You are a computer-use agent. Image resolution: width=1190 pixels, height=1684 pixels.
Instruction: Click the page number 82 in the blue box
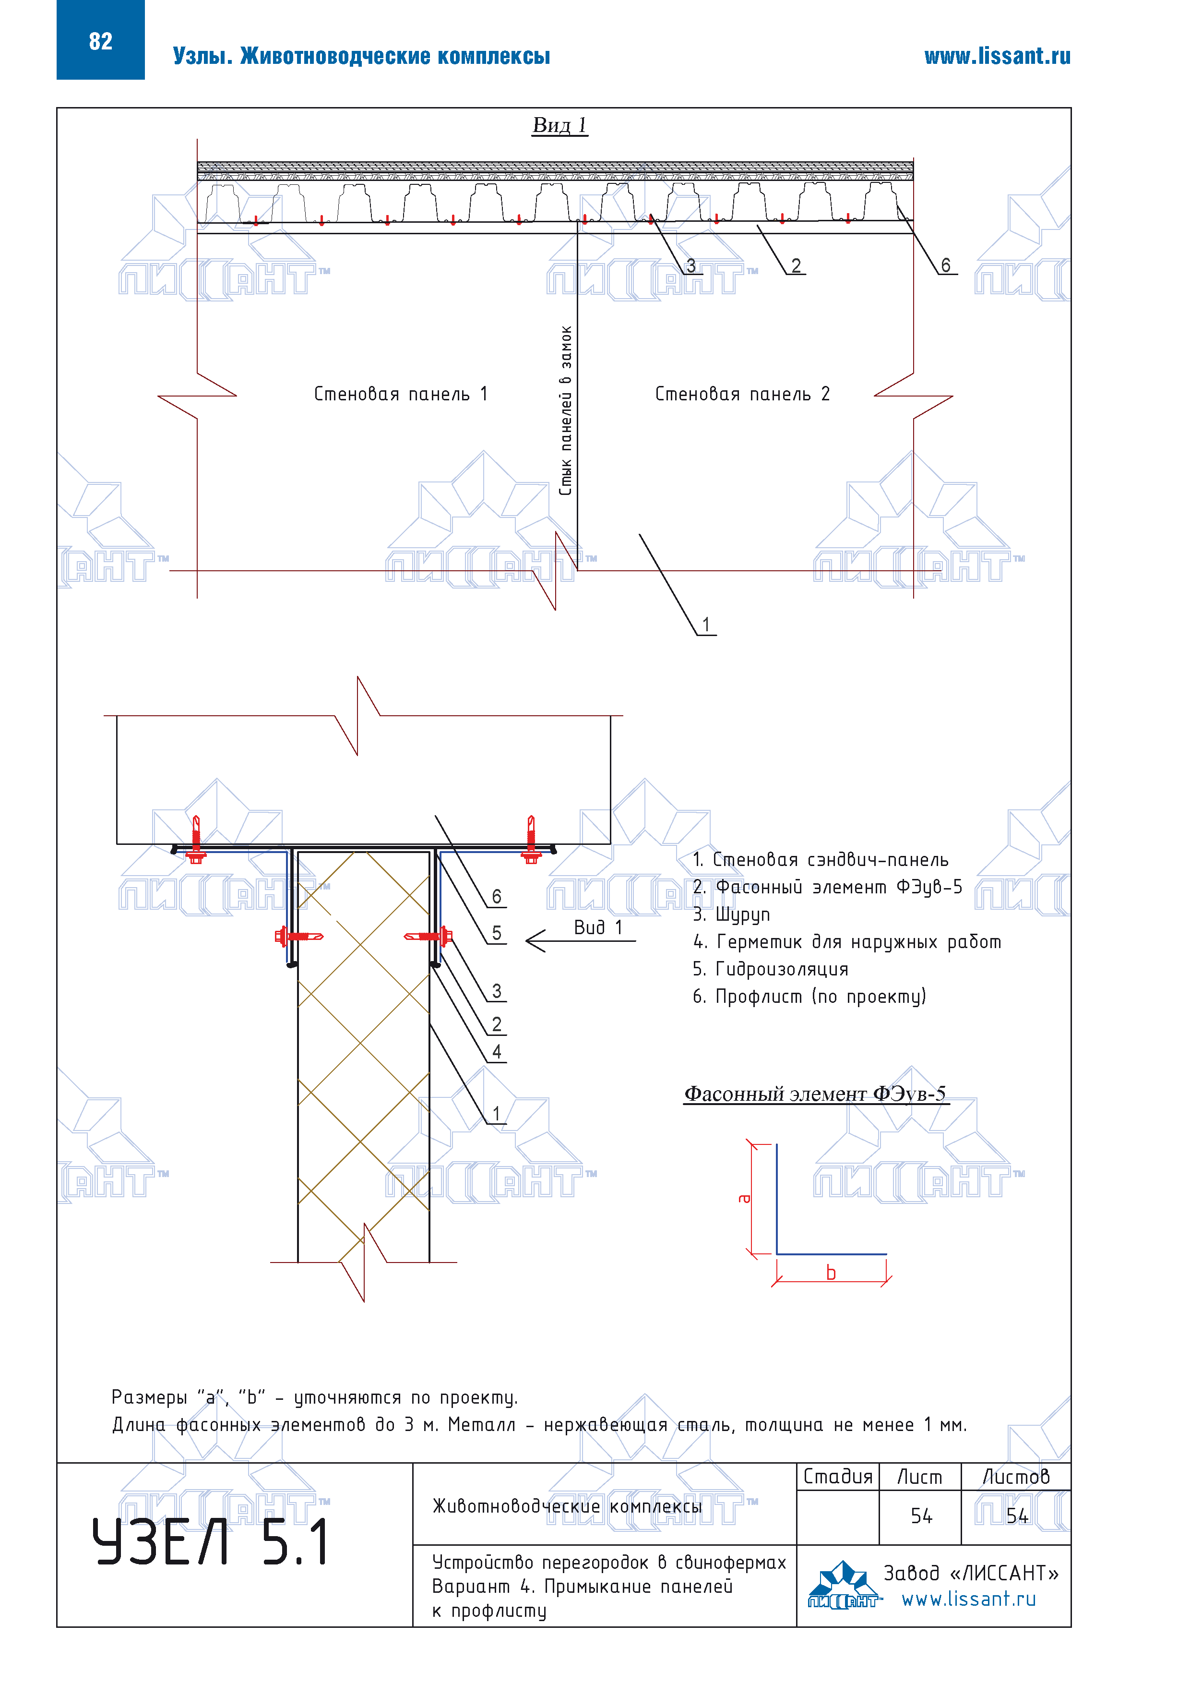click(100, 41)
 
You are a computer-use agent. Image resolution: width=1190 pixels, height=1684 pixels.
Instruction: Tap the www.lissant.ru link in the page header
click(997, 57)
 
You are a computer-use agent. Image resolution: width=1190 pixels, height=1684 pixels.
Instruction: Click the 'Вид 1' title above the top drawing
click(559, 125)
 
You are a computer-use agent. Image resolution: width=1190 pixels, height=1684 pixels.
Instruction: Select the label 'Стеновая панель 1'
click(400, 395)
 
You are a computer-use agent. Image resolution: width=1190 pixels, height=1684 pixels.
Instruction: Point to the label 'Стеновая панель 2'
click(742, 395)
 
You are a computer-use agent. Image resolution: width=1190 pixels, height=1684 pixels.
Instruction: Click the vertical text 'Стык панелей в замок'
click(565, 411)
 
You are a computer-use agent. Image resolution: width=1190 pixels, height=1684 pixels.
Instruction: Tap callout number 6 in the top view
click(945, 265)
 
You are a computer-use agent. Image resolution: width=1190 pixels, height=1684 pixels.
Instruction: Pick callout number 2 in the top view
click(796, 265)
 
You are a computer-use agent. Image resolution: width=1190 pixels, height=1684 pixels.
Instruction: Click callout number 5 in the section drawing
click(496, 933)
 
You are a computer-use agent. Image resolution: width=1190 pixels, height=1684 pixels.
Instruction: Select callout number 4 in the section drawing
click(496, 1052)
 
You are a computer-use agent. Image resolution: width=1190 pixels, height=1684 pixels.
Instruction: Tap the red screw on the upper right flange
click(532, 840)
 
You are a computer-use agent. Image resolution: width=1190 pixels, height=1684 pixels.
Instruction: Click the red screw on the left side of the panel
click(297, 937)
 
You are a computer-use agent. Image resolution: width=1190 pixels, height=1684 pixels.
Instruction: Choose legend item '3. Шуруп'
click(731, 914)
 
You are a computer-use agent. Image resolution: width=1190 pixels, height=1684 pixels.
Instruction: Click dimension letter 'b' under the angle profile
click(831, 1273)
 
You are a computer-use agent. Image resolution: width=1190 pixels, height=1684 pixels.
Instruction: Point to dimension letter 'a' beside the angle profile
click(745, 1199)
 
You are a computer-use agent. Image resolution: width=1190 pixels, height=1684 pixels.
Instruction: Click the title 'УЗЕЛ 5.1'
click(211, 1542)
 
